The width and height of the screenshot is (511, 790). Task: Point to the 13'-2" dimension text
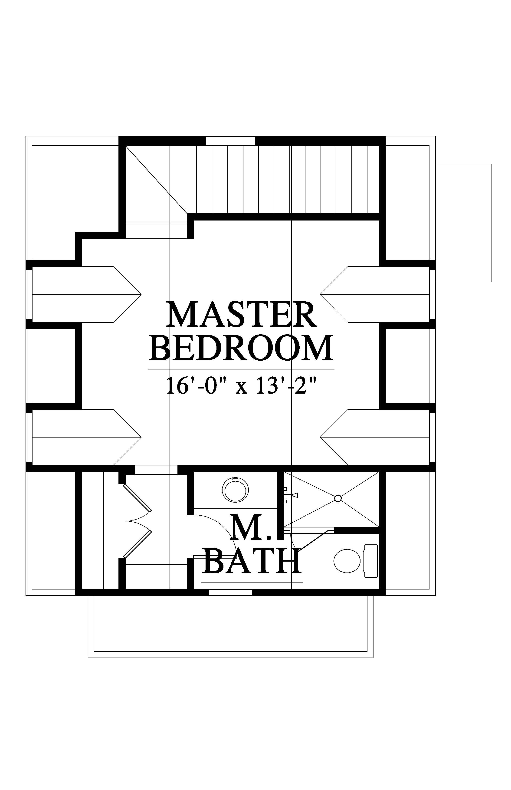click(x=285, y=385)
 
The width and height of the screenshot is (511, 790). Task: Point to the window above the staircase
click(x=231, y=141)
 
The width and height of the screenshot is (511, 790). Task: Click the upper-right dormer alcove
click(x=375, y=294)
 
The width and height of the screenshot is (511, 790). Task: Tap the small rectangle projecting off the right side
click(x=463, y=223)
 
